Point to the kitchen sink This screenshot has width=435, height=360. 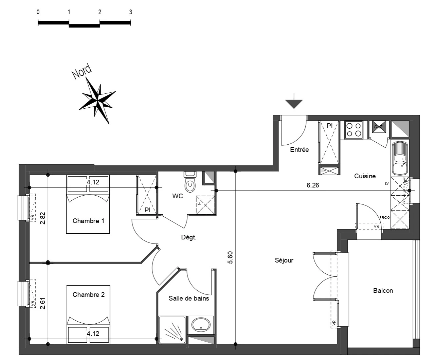coord(399,159)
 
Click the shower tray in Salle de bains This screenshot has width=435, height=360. coord(172,329)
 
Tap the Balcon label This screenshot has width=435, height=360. coord(383,291)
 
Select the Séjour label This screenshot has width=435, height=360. coord(284,260)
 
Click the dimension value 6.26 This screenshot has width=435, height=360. coord(313,185)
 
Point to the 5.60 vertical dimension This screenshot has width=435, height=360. coord(230,257)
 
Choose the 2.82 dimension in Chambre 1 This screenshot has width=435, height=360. coord(42,218)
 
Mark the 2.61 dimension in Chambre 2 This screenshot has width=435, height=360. coord(42,303)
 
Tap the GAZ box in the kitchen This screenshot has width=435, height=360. coord(378,127)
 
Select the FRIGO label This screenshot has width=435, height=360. coord(385,217)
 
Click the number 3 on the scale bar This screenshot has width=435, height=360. coord(131,12)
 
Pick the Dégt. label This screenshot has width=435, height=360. coord(189,238)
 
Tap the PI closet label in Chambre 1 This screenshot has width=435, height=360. coord(147,210)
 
